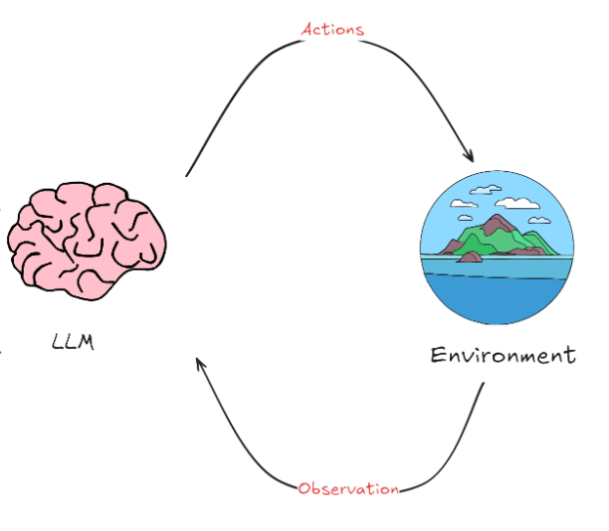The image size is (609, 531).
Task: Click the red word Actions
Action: pos(333,29)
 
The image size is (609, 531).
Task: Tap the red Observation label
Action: pos(348,488)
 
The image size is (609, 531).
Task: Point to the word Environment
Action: pos(503,355)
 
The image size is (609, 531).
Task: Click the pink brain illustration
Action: pos(88,239)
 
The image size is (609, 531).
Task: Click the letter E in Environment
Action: pos(438,355)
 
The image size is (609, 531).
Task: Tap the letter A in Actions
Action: pos(307,29)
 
